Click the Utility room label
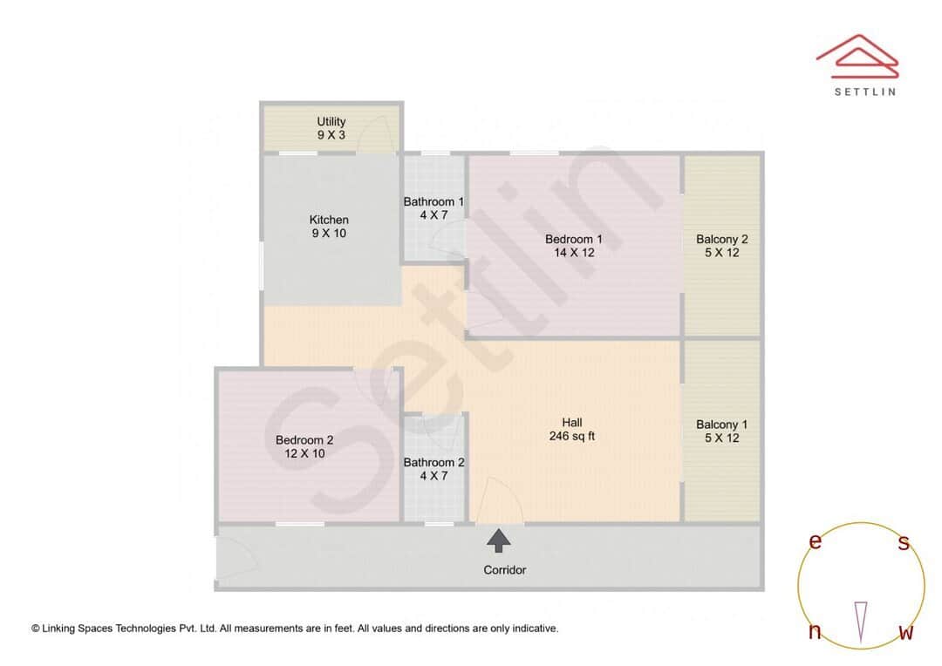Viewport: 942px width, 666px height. (x=331, y=128)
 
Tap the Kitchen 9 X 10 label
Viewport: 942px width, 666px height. (x=329, y=227)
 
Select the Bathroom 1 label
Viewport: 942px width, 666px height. (x=433, y=208)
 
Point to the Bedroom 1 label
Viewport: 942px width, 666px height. (x=573, y=246)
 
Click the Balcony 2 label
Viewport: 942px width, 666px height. (x=722, y=246)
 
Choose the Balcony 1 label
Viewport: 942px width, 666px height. (x=721, y=432)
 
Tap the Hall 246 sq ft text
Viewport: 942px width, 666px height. (x=572, y=429)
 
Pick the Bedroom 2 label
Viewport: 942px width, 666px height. (x=304, y=447)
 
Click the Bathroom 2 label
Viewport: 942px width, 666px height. (x=433, y=469)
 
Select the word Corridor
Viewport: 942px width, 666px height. (x=505, y=570)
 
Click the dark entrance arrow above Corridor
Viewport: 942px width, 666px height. (x=499, y=540)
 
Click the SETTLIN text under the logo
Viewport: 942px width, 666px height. (x=864, y=91)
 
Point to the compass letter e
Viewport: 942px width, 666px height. (x=816, y=541)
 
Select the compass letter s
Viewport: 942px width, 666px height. (x=904, y=543)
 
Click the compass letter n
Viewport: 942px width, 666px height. (x=815, y=632)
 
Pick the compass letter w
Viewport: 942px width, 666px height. (x=905, y=632)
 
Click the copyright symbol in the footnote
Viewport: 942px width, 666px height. (x=36, y=628)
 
